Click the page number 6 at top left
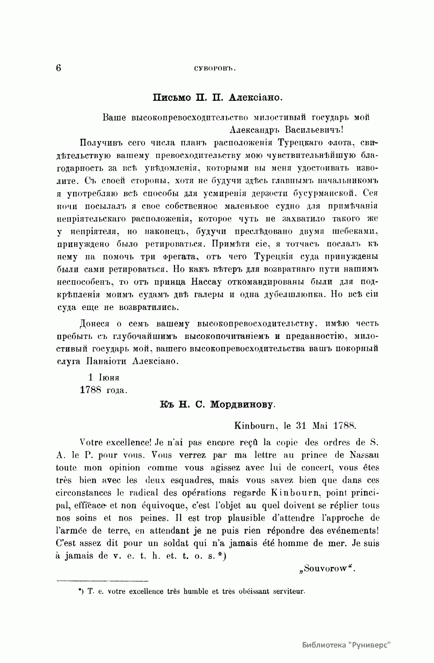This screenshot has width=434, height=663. pyautogui.click(x=59, y=68)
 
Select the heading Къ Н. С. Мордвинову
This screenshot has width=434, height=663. pyautogui.click(x=217, y=405)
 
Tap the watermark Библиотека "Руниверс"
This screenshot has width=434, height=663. pyautogui.click(x=347, y=645)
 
